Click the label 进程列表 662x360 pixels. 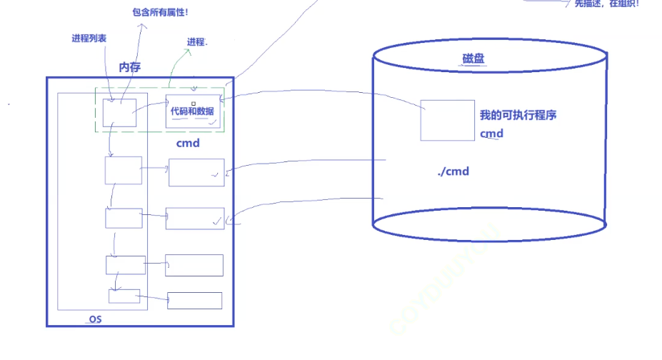coord(89,39)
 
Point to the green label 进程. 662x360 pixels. coord(197,42)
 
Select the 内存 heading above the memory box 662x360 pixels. coord(129,67)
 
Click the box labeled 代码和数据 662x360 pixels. coord(193,111)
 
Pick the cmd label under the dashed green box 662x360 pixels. coord(188,143)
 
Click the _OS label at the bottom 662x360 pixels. coord(94,319)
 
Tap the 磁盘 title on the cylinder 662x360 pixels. coord(473,59)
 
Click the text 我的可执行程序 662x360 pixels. coord(518,116)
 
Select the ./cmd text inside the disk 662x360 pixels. coord(453,171)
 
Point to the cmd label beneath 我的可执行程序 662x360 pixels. coord(491,134)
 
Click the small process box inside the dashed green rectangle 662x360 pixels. coord(119,113)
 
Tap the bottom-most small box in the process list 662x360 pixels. coord(124,296)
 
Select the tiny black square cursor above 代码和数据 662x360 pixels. coord(193,104)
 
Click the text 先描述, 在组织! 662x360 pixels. coord(606,4)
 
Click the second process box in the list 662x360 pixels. coord(123,170)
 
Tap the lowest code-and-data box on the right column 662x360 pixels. coord(194,300)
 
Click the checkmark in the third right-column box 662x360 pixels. coord(216,222)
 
